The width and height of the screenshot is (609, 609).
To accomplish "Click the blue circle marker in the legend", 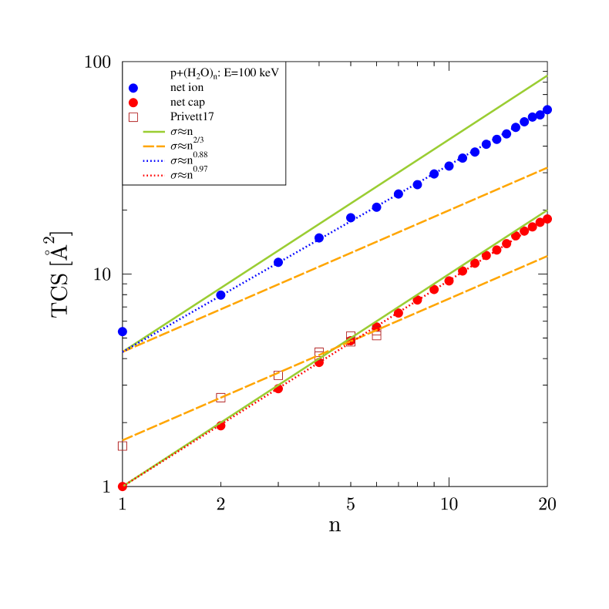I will coord(133,88).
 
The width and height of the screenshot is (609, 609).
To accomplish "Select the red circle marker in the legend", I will coord(133,103).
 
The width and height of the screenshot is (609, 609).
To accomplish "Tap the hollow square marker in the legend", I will coord(133,117).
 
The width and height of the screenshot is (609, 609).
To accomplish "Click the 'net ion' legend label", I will coord(187,88).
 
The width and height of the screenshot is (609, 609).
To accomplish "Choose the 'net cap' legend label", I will coord(187,103).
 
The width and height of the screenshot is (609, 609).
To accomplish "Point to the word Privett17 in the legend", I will coord(192,117).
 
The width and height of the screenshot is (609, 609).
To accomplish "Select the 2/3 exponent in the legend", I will coord(199,140).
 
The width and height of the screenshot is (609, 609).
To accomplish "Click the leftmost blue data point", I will coord(122,331).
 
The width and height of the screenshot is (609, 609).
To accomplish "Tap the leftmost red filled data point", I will coord(122,486).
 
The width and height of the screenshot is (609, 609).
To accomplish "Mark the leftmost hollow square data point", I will coord(122,446).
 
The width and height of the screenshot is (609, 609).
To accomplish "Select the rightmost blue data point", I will coord(547,109).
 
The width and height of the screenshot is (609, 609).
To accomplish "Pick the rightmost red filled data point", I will coord(547,219).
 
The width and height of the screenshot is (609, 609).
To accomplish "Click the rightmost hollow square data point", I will coord(376,335).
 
